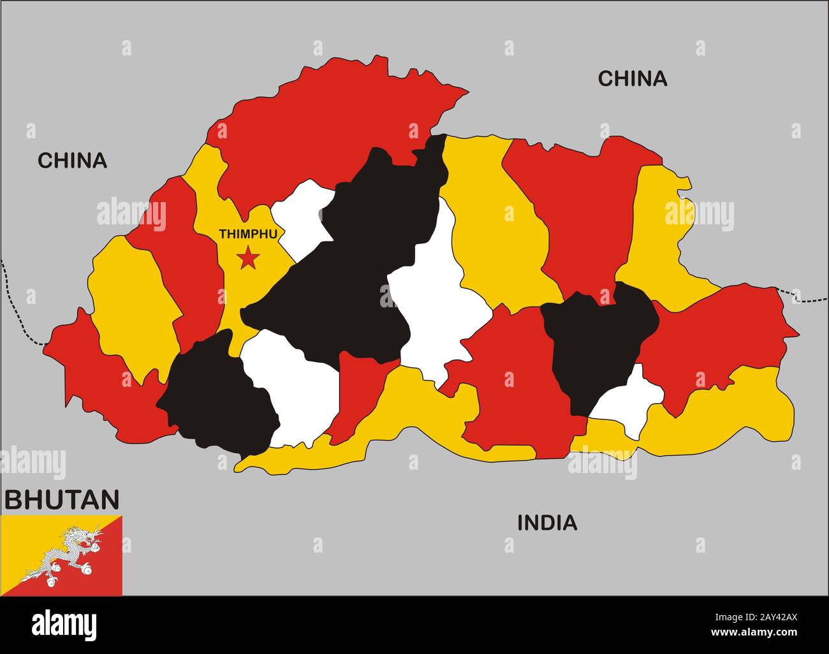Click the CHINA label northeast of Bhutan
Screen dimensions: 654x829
[x=632, y=78]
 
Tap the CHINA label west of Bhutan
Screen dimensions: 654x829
[x=72, y=161]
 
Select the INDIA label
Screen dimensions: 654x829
[x=547, y=523]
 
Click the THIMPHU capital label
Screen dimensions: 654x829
[x=248, y=234]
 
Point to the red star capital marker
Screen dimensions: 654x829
[x=247, y=259]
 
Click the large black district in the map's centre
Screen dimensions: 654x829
[x=344, y=268]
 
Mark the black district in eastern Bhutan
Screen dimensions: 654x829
[x=599, y=338]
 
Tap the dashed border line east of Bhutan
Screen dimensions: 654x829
[x=810, y=299]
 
